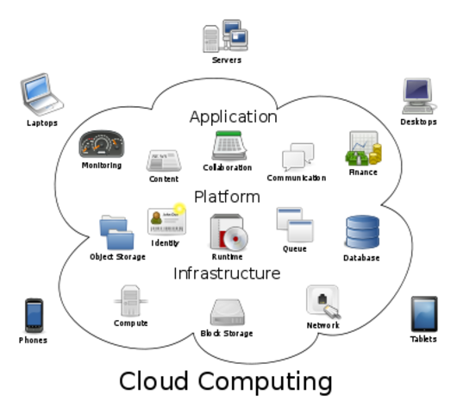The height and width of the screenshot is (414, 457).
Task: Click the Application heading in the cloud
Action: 233,116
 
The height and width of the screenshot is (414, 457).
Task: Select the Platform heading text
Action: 227,197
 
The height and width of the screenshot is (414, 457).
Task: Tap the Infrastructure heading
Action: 227,273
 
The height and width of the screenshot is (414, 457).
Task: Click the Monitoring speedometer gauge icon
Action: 102,144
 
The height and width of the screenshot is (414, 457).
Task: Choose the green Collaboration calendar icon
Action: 228,145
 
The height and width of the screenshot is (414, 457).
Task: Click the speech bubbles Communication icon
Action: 297,158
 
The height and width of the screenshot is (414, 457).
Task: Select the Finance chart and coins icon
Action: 363,149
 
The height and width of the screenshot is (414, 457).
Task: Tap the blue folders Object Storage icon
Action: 116,232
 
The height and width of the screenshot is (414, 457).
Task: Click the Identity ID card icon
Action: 166,221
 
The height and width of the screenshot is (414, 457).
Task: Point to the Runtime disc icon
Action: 228,232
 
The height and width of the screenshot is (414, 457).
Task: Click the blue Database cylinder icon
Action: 361,233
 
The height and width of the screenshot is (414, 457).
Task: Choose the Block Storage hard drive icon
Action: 227,312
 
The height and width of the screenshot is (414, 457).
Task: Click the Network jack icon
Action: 322,302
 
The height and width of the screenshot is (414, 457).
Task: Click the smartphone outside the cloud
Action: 34,314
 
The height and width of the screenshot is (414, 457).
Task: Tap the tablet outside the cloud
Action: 423,312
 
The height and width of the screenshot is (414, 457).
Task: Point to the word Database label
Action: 361,258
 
